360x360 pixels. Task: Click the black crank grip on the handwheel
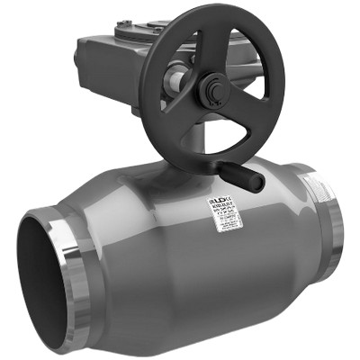[x=244, y=175]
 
